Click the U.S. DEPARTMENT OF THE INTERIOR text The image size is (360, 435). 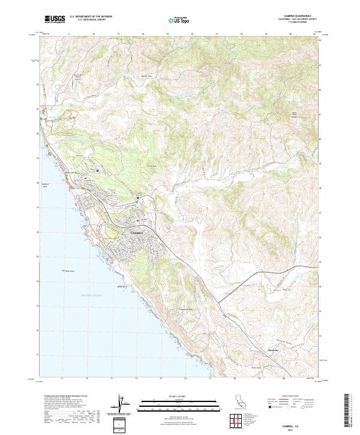[91, 17]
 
